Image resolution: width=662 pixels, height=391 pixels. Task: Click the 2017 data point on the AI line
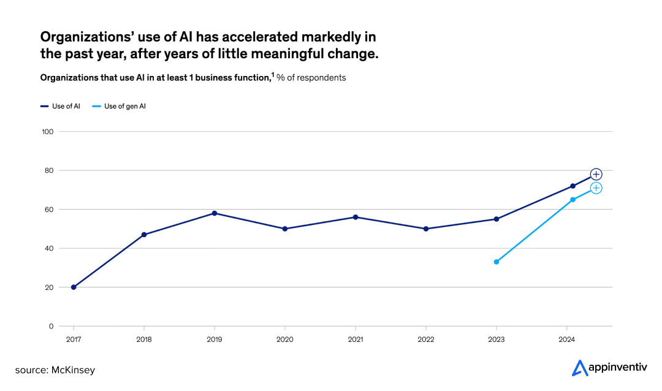tap(74, 287)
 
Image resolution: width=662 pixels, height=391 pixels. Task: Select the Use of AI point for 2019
tap(215, 213)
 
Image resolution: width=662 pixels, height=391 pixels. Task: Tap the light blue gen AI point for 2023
tap(496, 262)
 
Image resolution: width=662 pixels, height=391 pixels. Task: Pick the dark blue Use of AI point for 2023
tap(496, 219)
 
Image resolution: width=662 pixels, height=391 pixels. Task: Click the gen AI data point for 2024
tap(573, 200)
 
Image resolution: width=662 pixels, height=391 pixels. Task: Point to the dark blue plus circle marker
tap(596, 175)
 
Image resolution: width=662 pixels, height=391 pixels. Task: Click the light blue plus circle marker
tap(596, 188)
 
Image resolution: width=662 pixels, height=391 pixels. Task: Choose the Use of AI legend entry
tap(62, 106)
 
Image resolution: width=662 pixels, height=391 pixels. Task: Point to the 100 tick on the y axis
tap(48, 131)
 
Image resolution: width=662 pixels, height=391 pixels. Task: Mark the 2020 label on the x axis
tap(285, 338)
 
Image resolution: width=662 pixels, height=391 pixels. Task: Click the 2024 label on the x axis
tap(567, 338)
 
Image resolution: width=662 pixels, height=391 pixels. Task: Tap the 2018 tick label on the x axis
tap(144, 338)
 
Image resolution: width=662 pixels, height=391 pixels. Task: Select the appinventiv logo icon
tap(579, 368)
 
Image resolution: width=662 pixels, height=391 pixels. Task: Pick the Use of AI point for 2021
tap(356, 217)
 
